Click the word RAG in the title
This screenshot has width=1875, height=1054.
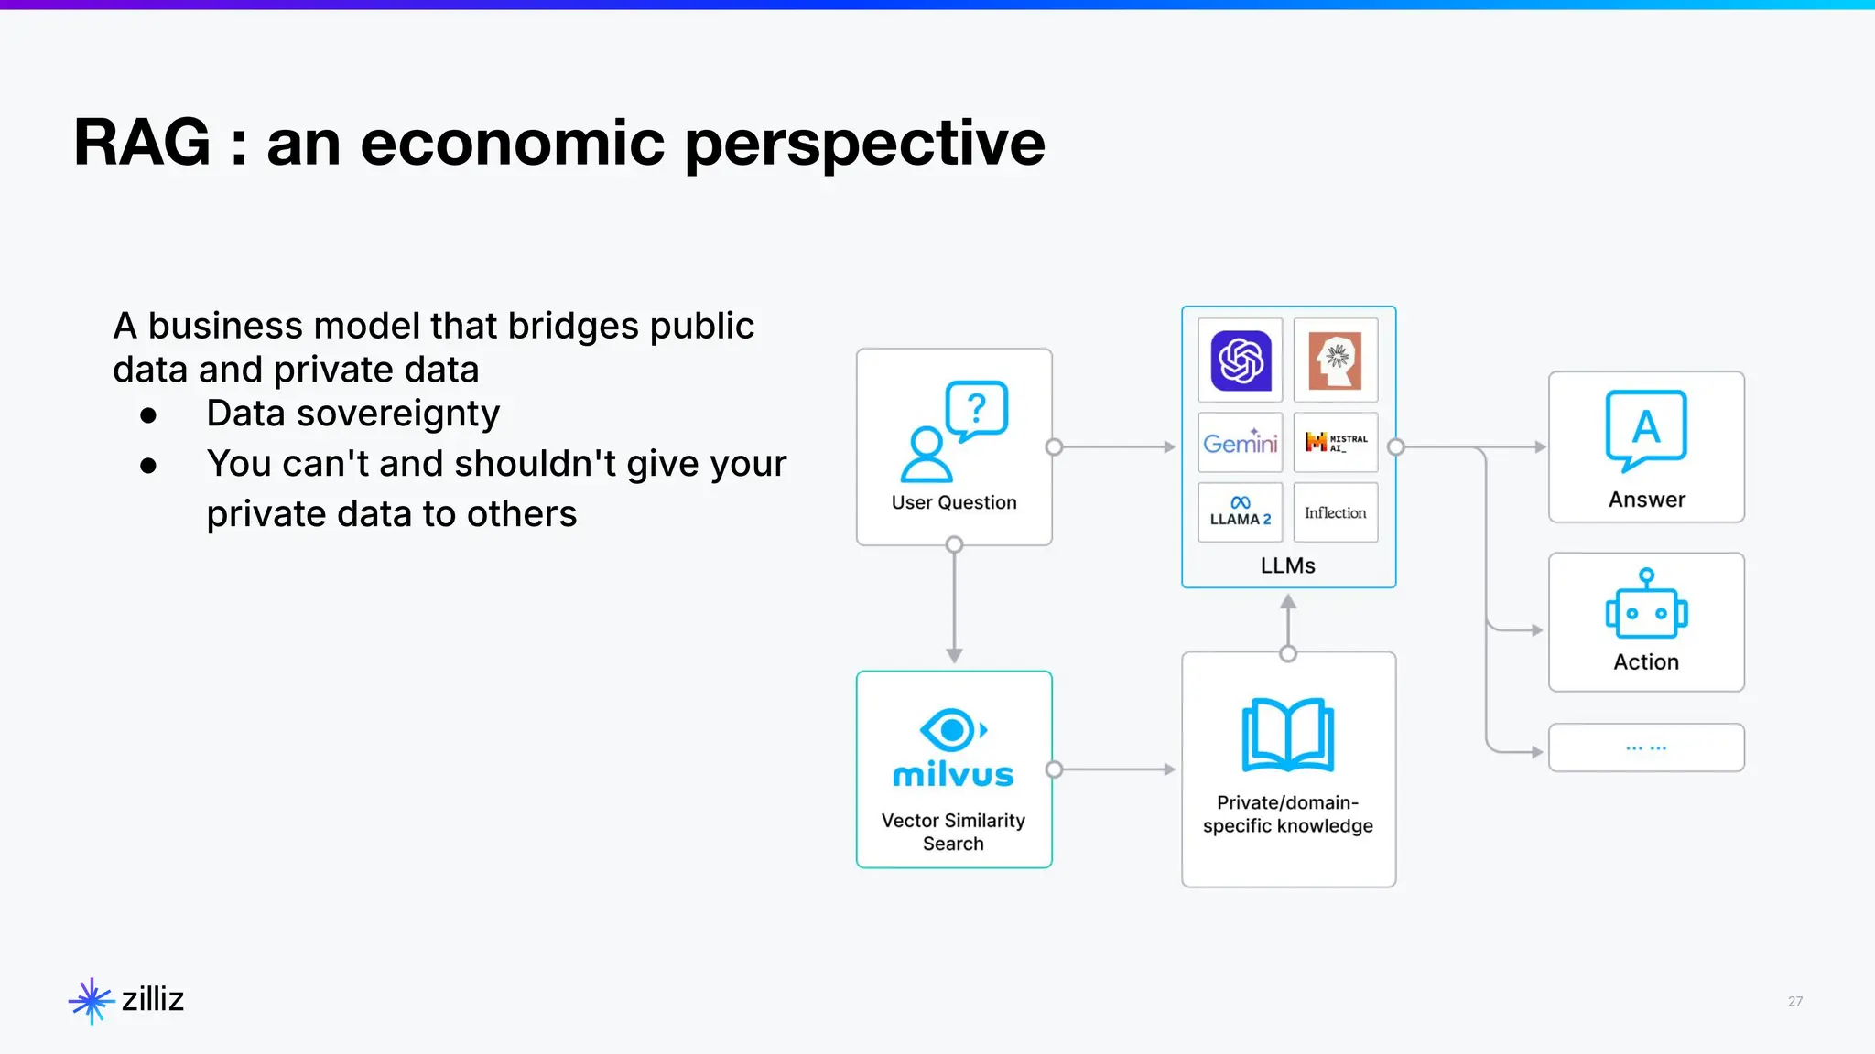142,144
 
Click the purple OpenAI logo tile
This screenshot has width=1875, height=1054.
1241,360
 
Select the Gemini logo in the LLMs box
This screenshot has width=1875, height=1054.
1241,443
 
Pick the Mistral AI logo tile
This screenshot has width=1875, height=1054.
1336,443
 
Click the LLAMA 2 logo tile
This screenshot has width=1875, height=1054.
1241,512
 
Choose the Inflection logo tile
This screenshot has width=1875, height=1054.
1336,513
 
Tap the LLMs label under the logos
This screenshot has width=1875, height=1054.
1287,565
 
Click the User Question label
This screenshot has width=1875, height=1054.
954,502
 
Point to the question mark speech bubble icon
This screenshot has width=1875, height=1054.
977,409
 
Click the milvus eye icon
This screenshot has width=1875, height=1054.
953,730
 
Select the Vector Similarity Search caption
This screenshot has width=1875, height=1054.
953,832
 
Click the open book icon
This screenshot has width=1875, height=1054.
1288,736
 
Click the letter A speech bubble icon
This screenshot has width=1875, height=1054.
1646,429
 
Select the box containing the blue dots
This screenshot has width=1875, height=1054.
1646,747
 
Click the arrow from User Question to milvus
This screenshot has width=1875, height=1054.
954,604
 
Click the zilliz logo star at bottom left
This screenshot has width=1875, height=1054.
91,1001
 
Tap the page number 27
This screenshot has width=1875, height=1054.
1794,1001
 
